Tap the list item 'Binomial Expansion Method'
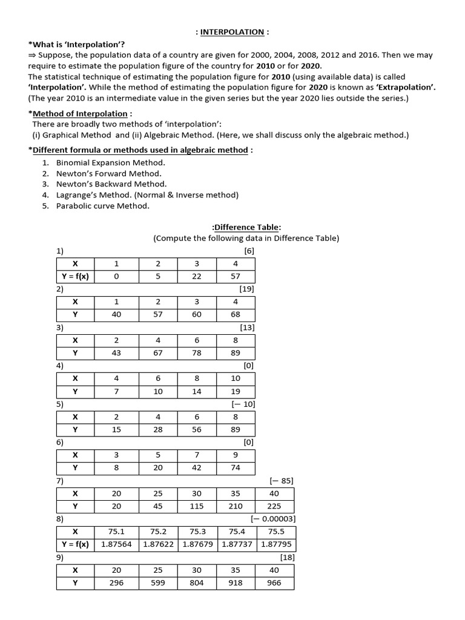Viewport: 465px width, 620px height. (110, 163)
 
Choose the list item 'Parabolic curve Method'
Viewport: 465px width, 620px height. (102, 206)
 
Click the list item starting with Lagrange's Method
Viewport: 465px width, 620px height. (147, 195)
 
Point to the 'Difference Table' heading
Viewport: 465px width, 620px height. (246, 227)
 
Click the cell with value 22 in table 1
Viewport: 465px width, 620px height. (197, 276)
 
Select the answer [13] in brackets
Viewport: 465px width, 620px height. (247, 328)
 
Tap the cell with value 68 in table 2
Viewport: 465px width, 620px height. (236, 315)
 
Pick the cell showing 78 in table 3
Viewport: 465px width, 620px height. (197, 353)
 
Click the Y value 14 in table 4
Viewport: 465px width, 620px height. (197, 392)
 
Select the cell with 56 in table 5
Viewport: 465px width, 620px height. (197, 430)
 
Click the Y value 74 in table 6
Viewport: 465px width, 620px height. (236, 468)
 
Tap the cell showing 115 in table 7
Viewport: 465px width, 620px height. (197, 506)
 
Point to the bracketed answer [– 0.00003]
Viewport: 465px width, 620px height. (273, 519)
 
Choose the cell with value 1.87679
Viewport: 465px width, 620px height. (197, 544)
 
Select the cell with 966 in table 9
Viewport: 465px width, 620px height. (274, 582)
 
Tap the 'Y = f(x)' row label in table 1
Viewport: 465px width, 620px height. (75, 276)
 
